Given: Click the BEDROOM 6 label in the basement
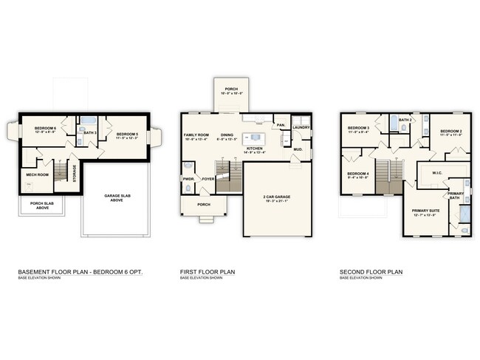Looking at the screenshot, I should coord(45,129).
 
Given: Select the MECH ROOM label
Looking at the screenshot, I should coord(37,174).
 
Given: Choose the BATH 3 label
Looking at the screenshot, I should coord(90,132).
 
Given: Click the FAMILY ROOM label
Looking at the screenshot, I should coord(196,135).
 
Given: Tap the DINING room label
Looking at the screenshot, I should coord(226,135).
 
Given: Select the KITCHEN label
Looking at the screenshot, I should coord(255,149).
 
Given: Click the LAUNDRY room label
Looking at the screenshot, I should coord(301,127).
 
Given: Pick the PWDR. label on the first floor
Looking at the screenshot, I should coord(188,178).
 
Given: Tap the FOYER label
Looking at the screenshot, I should coord(208,178).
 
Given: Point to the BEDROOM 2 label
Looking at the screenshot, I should coord(451,132).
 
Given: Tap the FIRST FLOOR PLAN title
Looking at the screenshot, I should coord(208,271).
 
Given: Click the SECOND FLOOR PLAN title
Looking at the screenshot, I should coord(371,271).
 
